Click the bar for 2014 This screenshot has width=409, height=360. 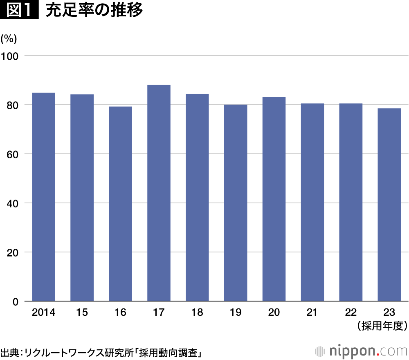pyautogui.click(x=44, y=197)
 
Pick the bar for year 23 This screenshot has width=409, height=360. pyautogui.click(x=389, y=205)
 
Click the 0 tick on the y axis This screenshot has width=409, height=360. pyautogui.click(x=16, y=301)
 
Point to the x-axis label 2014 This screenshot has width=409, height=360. pyautogui.click(x=43, y=313)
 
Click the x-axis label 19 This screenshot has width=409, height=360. pyautogui.click(x=235, y=313)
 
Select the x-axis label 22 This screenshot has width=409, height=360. pyautogui.click(x=351, y=313)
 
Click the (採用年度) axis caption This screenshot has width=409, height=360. pyautogui.click(x=382, y=326)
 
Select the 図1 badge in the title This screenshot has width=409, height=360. pyautogui.click(x=19, y=10)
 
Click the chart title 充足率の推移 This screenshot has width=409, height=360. pyautogui.click(x=94, y=10)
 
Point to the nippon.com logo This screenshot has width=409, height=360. pyautogui.click(x=362, y=351)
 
